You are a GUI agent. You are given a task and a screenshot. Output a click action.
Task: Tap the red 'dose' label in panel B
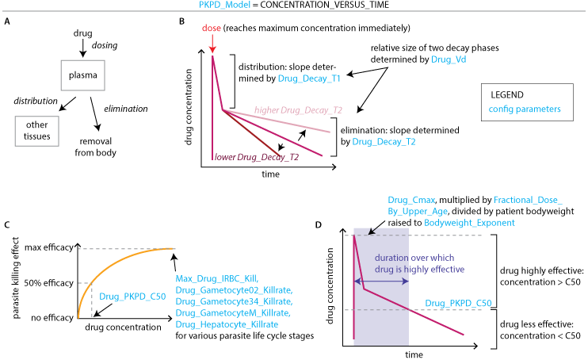211,29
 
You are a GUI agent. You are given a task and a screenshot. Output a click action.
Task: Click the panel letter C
7,225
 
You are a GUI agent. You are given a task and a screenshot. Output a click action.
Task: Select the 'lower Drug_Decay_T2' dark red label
256,158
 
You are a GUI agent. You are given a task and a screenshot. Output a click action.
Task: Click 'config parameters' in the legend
525,108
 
